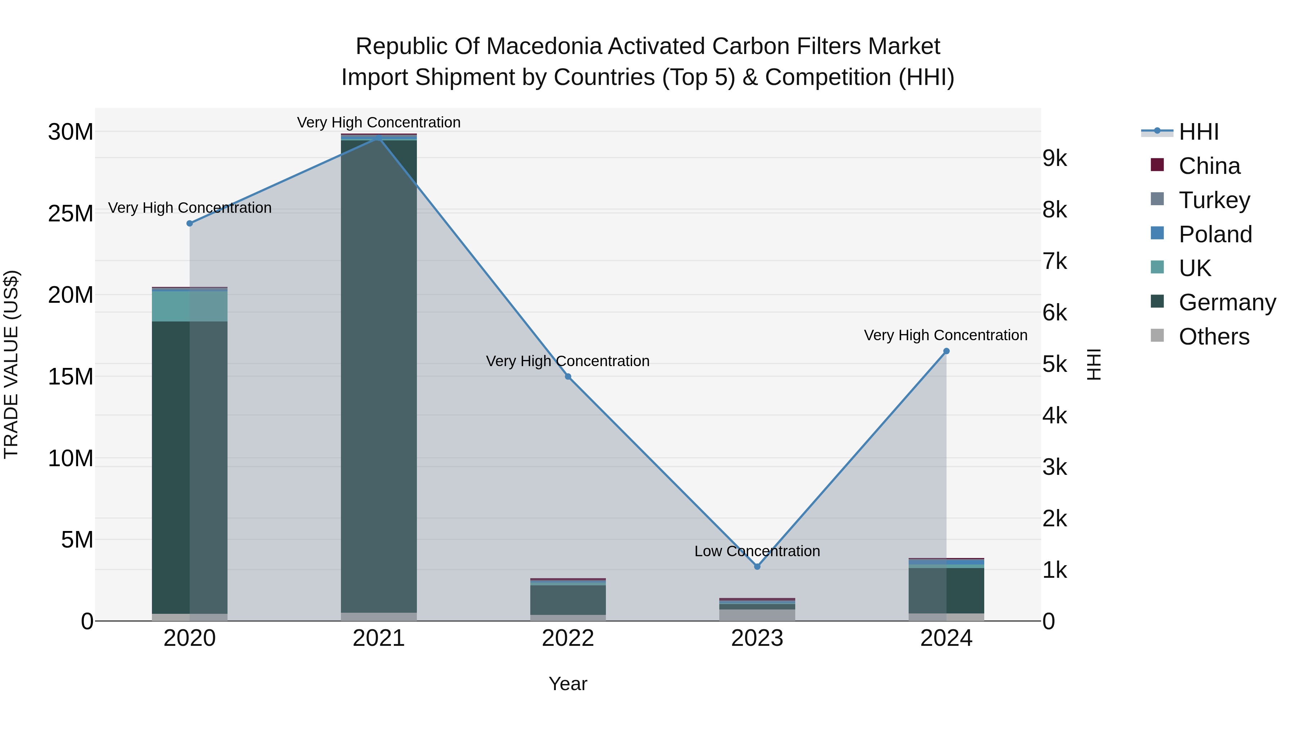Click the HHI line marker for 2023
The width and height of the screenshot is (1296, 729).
click(757, 567)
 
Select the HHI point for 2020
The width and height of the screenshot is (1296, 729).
click(190, 223)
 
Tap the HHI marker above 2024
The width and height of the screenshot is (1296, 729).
click(946, 351)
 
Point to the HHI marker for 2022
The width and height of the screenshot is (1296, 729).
click(568, 376)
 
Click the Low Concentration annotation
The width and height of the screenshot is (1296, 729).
click(757, 552)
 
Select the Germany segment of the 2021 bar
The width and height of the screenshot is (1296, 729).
click(379, 377)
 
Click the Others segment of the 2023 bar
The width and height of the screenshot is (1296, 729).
click(757, 615)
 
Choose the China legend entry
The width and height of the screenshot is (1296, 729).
click(1210, 166)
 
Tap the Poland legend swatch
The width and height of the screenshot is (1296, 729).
click(1157, 233)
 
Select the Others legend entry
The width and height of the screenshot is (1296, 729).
click(1214, 337)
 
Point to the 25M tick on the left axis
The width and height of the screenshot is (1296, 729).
click(71, 214)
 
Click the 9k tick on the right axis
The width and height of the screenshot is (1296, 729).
click(1054, 158)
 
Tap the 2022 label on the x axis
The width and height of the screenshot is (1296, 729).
click(568, 638)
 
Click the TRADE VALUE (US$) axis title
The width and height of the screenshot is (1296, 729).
click(11, 364)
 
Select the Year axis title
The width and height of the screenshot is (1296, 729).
click(568, 684)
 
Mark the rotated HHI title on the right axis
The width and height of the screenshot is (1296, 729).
click(1094, 364)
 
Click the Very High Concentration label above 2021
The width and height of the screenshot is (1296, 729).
click(379, 122)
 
